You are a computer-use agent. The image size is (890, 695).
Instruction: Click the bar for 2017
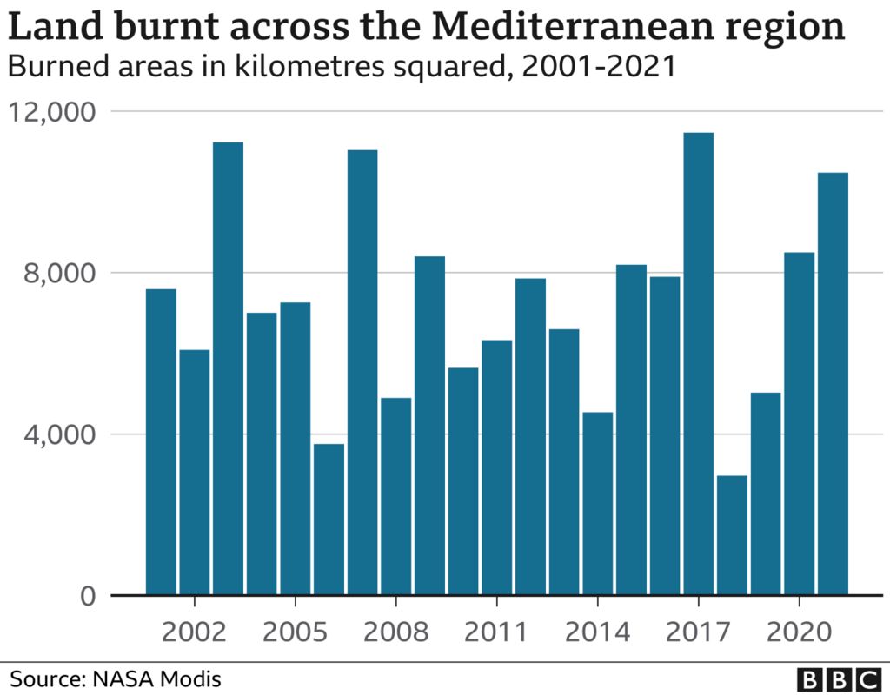tap(698, 364)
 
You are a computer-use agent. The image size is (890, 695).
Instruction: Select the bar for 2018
tap(732, 535)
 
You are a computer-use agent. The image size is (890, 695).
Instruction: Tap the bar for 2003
tap(229, 368)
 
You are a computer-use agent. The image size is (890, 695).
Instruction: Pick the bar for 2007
tap(362, 373)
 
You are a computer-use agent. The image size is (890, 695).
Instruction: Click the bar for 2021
tap(833, 384)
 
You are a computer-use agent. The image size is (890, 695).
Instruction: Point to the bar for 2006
tap(329, 520)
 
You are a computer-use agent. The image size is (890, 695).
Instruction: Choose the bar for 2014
tap(598, 504)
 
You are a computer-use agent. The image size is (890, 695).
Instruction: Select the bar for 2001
tap(161, 442)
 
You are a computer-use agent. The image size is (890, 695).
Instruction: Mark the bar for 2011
tap(496, 467)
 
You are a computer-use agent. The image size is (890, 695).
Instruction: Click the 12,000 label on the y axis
tap(52, 112)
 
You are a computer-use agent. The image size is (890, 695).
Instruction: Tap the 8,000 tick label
tap(60, 273)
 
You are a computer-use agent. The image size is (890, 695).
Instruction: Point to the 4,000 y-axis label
tap(60, 434)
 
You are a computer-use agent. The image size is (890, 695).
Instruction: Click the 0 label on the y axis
tap(89, 596)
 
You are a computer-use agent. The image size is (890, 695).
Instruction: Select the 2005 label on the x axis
tap(296, 632)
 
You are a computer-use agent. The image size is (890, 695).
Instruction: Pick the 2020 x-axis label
tap(800, 632)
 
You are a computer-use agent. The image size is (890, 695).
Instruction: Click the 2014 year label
tap(598, 632)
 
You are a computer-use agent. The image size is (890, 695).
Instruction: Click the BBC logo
tap(839, 679)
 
